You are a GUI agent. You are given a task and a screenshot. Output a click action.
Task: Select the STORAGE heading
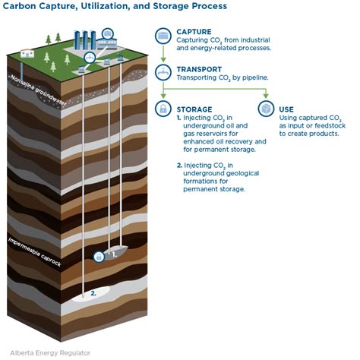pyautogui.click(x=195, y=108)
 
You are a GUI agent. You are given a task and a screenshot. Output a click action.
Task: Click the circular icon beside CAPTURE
pyautogui.click(x=163, y=36)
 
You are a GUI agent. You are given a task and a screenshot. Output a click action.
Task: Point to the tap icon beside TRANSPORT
pyautogui.click(x=163, y=71)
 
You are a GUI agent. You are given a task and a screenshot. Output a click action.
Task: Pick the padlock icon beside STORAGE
pyautogui.click(x=163, y=110)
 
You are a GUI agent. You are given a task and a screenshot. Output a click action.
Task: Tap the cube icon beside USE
pyautogui.click(x=265, y=110)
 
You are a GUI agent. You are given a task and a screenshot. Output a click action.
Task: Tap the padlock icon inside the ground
pyautogui.click(x=98, y=257)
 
